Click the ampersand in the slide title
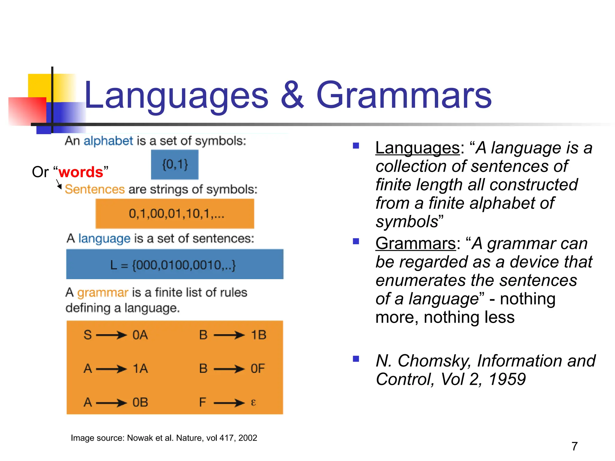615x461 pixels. pos(292,95)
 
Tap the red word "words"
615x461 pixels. pos(81,172)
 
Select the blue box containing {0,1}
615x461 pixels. pos(175,164)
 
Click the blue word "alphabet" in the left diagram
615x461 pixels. pos(108,141)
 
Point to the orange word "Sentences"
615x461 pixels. pos(95,189)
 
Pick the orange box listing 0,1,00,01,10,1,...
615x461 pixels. pos(175,214)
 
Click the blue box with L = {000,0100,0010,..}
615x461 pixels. pos(175,264)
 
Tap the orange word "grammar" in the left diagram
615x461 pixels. pos(103,292)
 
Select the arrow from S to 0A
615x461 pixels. pos(111,335)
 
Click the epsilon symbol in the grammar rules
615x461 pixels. pos(253,402)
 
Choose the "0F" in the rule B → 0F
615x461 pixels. pos(258,369)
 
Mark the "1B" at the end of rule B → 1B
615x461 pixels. pos(258,335)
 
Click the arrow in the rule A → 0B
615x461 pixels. pos(111,402)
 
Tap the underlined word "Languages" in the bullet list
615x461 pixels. pos(417,148)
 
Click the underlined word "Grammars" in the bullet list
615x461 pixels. pos(416,243)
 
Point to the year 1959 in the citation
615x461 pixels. pos(507,379)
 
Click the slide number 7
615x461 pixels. pos(574,446)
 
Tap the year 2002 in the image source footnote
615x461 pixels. pos(248,438)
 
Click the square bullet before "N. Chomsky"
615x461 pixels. pos(356,359)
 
